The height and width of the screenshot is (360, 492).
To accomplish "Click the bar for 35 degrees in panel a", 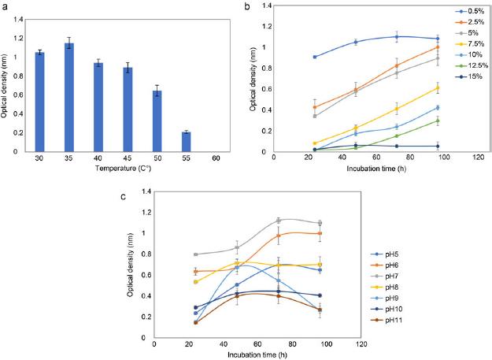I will pos(91,97).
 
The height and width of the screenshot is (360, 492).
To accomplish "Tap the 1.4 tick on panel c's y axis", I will pos(145,191).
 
